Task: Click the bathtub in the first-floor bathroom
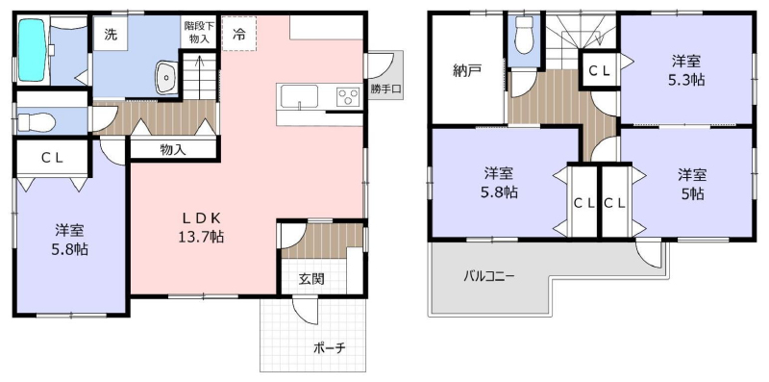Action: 33,50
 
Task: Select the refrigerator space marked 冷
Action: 238,34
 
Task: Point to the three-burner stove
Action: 349,97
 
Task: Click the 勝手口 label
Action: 386,89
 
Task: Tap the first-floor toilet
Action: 37,122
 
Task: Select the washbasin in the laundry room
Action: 166,77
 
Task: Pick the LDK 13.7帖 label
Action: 201,227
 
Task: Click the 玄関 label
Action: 311,279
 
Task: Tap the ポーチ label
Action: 330,348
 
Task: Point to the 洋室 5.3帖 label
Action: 686,70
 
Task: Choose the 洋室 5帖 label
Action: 692,184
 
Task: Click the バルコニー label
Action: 489,275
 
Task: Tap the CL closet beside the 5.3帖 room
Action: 599,70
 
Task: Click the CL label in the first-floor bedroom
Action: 52,158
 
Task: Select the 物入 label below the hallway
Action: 173,150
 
